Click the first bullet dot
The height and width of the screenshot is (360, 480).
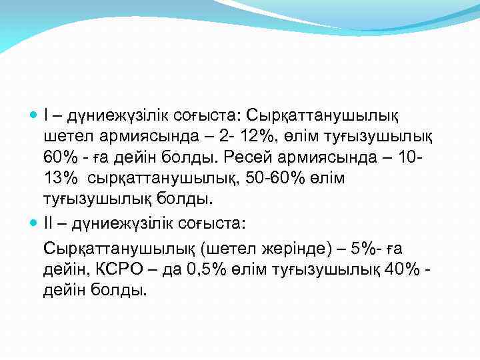(x=35, y=117)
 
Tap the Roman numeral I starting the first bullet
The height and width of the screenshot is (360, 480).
(x=46, y=117)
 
